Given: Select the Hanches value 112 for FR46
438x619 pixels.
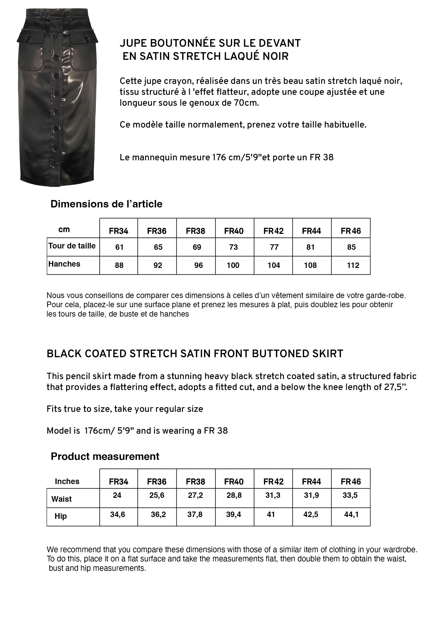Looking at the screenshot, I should click(353, 265).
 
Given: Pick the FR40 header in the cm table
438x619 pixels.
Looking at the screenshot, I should click(234, 231).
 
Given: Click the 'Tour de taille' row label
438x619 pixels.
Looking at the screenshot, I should click(72, 246).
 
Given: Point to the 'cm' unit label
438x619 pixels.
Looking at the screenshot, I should click(64, 230).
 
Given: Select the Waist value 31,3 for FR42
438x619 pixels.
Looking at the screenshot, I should click(273, 495).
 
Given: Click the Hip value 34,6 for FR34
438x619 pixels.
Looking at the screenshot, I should click(118, 515).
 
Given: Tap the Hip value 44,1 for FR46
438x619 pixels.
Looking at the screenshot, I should click(351, 515).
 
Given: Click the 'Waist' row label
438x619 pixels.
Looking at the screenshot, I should click(62, 499).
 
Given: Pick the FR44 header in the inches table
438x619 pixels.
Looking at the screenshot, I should click(311, 482).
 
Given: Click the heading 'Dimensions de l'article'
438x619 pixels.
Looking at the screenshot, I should click(106, 204).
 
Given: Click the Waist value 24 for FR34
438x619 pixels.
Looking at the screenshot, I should click(117, 495).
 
